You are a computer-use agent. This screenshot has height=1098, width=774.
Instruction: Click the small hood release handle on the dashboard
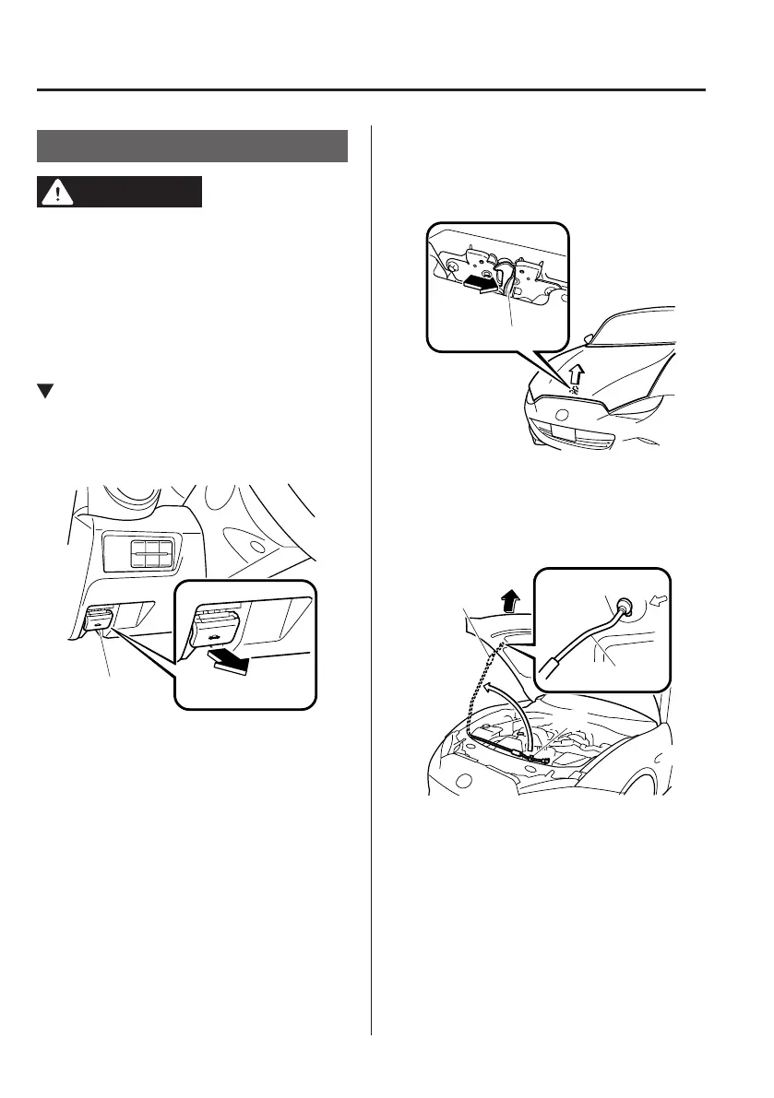coord(99,619)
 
